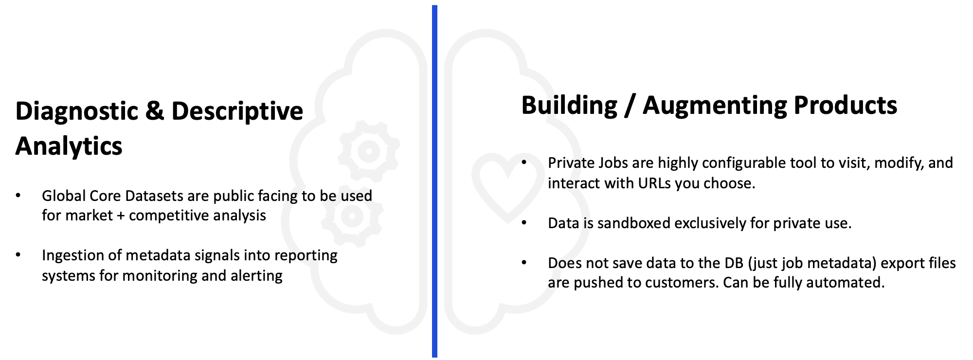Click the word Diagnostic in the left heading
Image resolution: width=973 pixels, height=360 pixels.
[x=77, y=112]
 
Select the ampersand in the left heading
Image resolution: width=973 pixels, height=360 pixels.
[x=155, y=111]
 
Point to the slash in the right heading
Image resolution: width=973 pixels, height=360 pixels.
[x=630, y=106]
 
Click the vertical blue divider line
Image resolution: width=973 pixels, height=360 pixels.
[x=434, y=181]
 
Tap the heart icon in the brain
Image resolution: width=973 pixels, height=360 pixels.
[x=508, y=185]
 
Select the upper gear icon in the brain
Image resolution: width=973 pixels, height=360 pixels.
[x=369, y=151]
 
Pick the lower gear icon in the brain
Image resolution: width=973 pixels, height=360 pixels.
[x=352, y=216]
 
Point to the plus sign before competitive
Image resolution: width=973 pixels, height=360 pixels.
[x=121, y=216]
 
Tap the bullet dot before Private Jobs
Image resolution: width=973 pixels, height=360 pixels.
[x=524, y=162]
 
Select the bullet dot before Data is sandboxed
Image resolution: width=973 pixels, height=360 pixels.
[x=524, y=222]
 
